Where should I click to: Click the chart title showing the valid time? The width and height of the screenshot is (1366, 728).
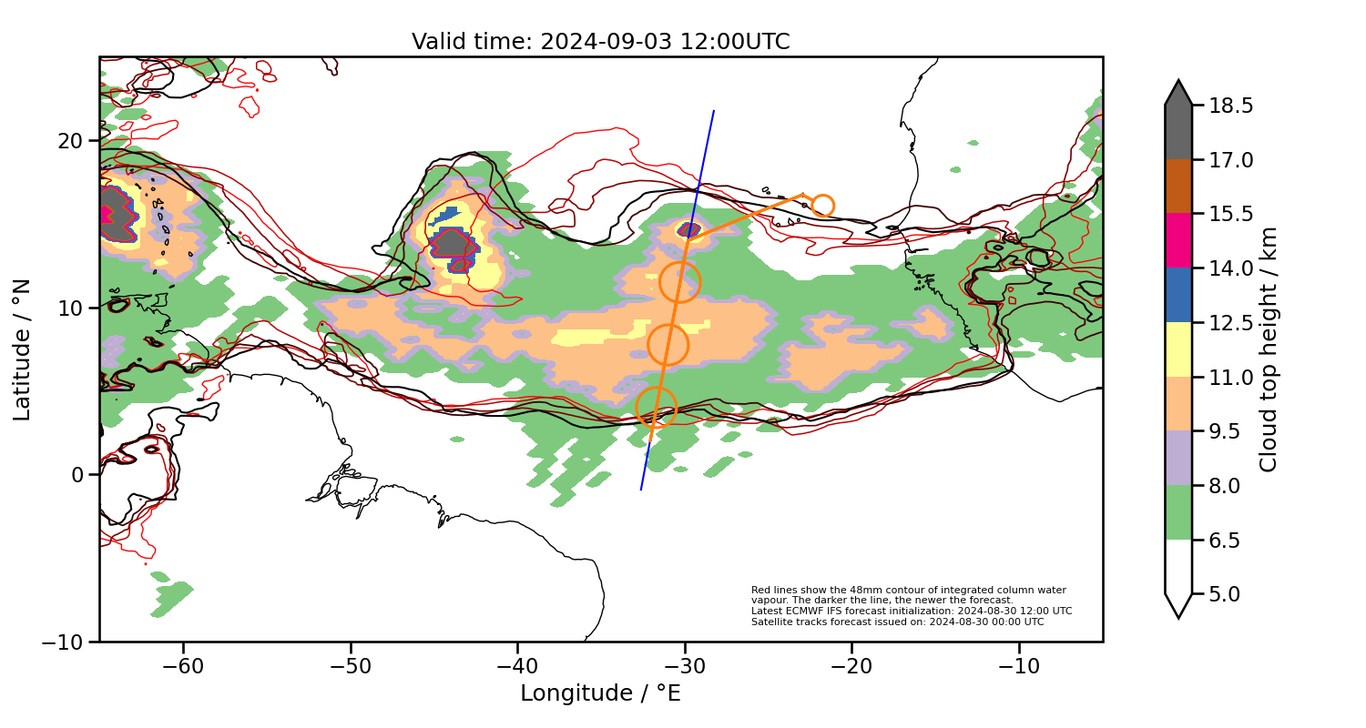click(600, 42)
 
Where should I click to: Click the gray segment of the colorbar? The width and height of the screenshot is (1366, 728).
click(1178, 132)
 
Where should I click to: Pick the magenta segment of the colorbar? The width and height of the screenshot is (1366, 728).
click(1178, 240)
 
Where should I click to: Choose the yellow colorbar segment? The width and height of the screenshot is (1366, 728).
click(1178, 349)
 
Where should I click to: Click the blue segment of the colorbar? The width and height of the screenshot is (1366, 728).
click(1178, 295)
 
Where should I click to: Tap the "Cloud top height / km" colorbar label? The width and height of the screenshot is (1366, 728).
click(1269, 349)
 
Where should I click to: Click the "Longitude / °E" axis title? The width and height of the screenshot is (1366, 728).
click(600, 693)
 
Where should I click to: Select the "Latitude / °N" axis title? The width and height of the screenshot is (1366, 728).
click(22, 349)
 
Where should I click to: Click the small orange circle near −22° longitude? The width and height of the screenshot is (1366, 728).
click(822, 206)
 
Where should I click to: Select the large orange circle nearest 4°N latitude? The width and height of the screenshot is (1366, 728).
click(656, 407)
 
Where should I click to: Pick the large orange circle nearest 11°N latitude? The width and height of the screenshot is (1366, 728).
click(679, 282)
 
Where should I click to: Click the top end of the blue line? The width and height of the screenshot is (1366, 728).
click(714, 111)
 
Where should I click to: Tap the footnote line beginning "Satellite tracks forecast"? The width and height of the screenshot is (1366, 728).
click(897, 622)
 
